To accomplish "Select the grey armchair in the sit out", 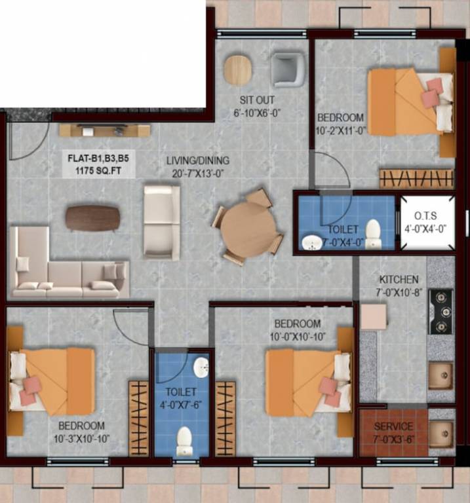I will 288,69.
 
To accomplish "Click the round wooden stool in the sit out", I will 237,69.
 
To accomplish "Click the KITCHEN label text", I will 399,280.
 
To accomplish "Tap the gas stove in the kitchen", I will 441,312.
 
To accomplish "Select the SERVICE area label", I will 393,426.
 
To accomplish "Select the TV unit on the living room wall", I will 105,130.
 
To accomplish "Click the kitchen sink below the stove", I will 441,375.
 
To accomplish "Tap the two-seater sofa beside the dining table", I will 161,221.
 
